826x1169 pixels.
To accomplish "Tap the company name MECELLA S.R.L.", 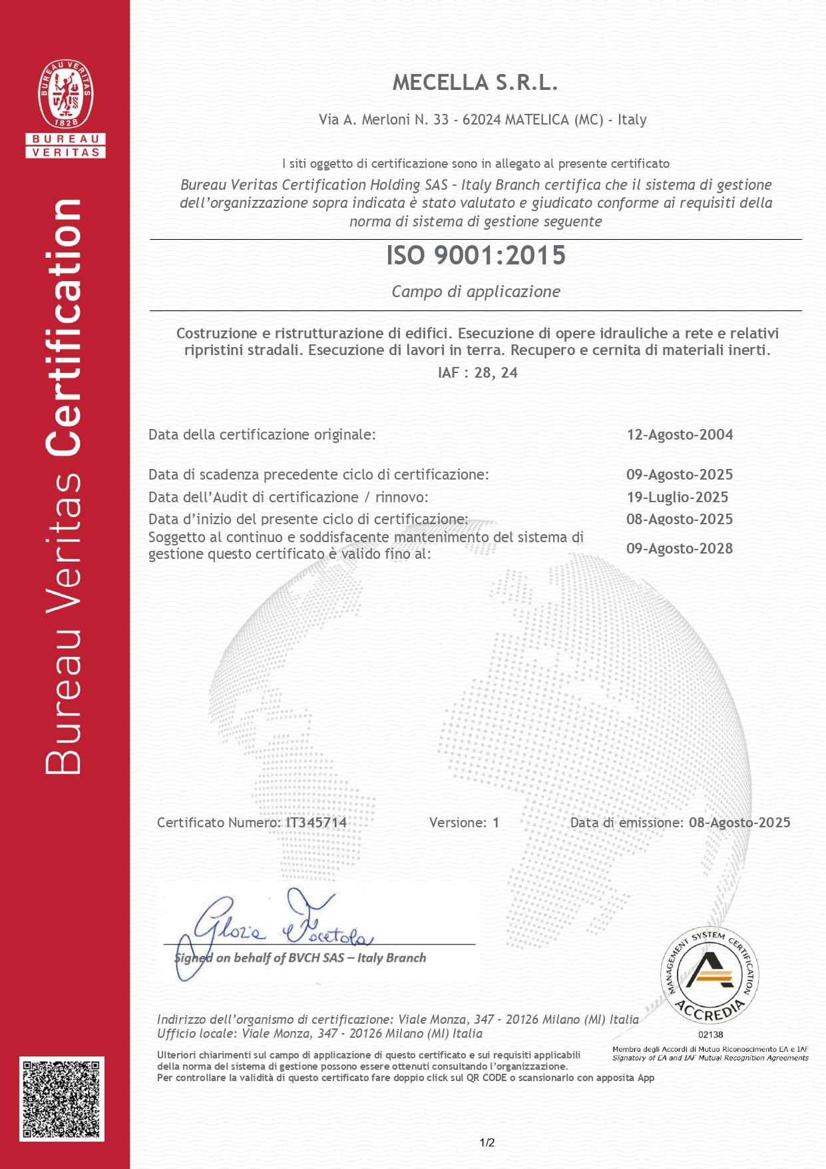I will click(475, 83).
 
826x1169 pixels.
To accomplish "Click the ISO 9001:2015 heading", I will click(476, 255).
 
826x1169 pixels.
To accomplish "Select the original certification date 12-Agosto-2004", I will click(680, 435).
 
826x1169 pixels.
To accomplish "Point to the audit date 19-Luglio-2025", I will click(678, 498).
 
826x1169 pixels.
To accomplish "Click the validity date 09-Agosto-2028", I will click(679, 549).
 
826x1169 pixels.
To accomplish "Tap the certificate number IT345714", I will click(316, 823).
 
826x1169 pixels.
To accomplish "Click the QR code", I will click(62, 1098).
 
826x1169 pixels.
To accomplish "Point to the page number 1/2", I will click(487, 1143).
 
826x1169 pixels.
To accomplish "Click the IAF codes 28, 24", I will click(496, 373).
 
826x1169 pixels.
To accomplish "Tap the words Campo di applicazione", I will click(476, 292).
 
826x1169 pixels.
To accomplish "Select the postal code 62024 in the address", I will click(481, 120).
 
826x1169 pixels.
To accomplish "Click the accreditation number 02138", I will click(710, 1034).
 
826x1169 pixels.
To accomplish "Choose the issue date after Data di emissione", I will click(739, 823).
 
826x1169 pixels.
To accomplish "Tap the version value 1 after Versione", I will click(496, 823).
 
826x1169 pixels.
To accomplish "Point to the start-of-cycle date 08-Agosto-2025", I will click(679, 520).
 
